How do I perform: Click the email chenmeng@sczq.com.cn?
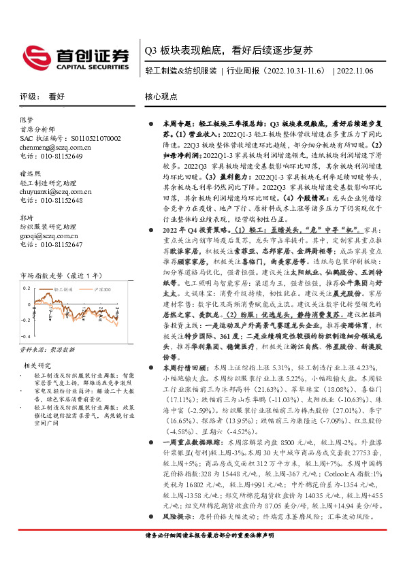[x=51, y=147]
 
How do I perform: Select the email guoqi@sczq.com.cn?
[x=47, y=235]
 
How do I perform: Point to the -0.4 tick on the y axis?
[x=26, y=355]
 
